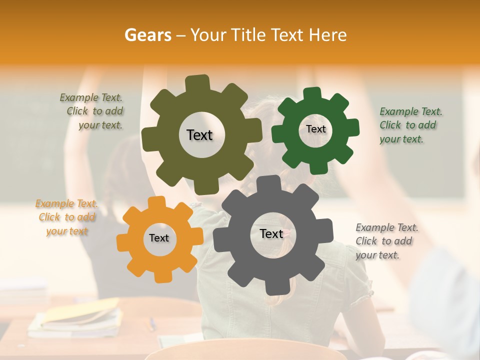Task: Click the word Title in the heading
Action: pyautogui.click(x=248, y=35)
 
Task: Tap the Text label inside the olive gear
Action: pyautogui.click(x=199, y=135)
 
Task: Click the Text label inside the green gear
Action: pyautogui.click(x=315, y=129)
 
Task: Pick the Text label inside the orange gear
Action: pyautogui.click(x=159, y=238)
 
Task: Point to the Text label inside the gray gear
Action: pyautogui.click(x=271, y=234)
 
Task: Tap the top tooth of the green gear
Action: pyautogui.click(x=312, y=93)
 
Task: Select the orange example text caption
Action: pyautogui.click(x=67, y=217)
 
